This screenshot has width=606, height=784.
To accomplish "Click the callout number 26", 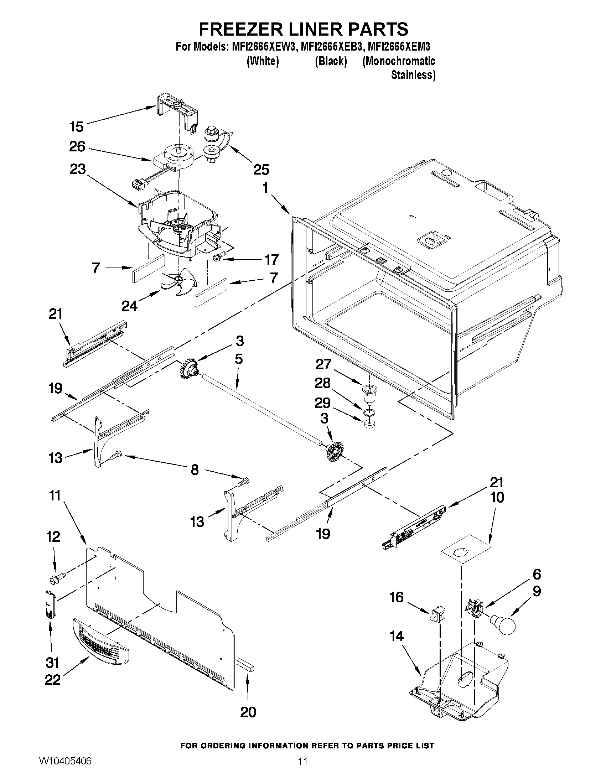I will coord(77,146).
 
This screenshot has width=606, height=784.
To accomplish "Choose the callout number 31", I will coord(52,663).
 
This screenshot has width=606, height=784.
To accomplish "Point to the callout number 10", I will coord(497,498).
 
